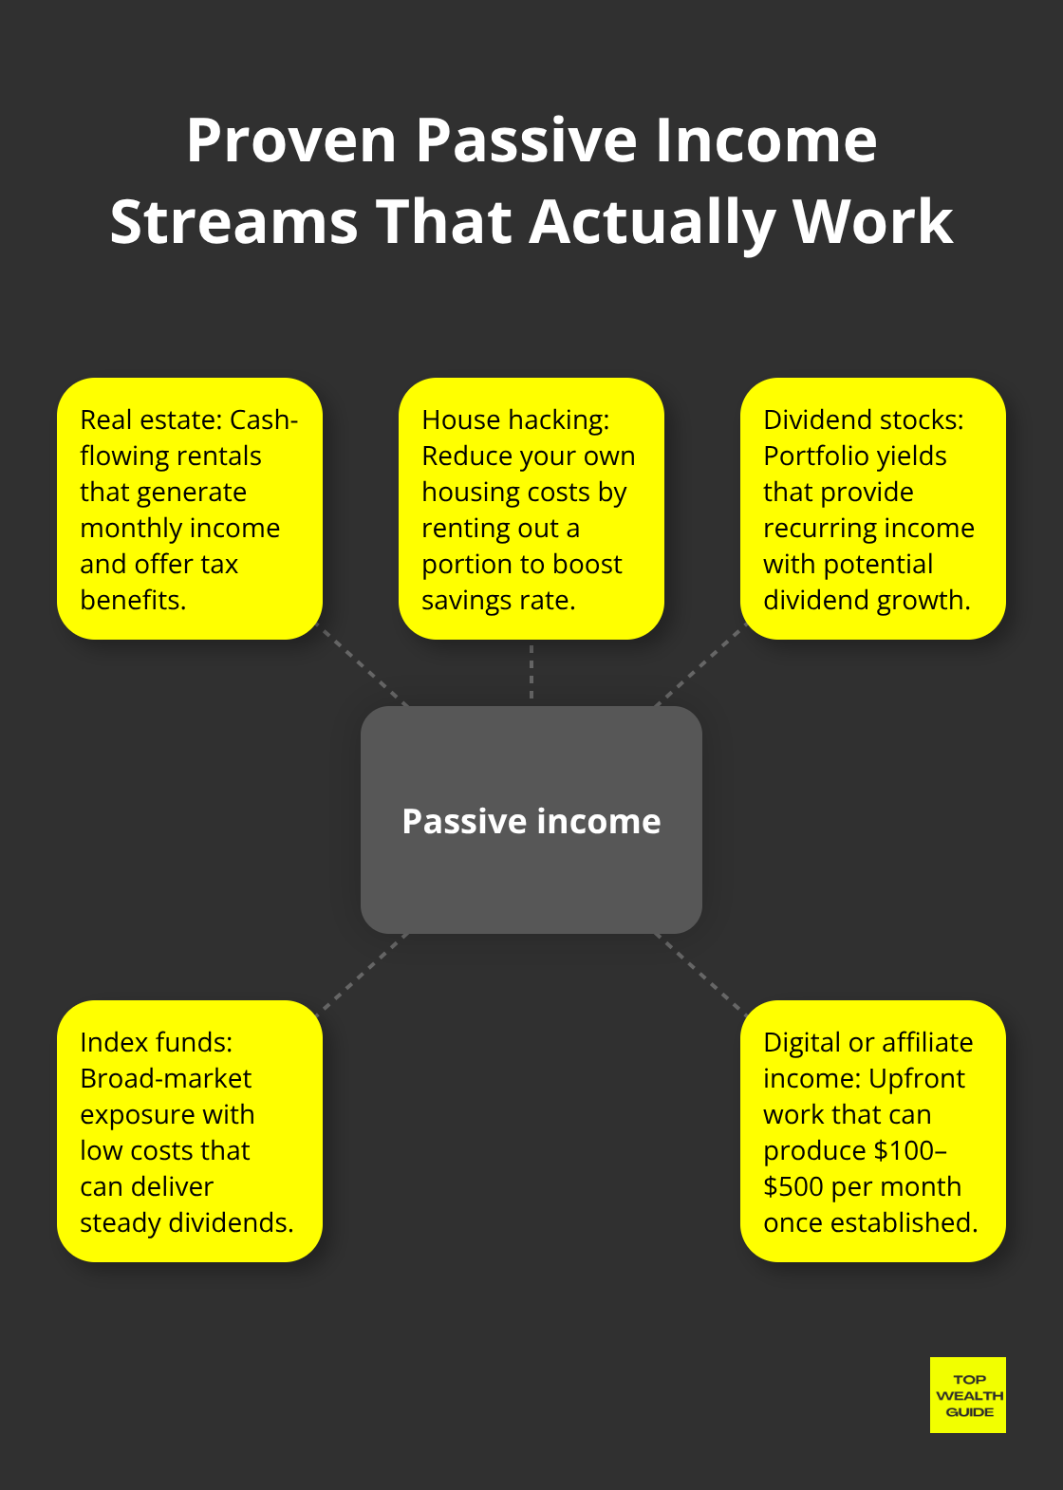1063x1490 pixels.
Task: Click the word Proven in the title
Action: [x=290, y=140]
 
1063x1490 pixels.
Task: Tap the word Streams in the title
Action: [x=233, y=222]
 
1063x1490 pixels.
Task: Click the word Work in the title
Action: [x=872, y=222]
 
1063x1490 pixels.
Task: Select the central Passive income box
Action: [x=531, y=820]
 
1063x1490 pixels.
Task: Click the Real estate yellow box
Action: [x=190, y=509]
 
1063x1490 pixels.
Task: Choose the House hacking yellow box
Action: [x=531, y=509]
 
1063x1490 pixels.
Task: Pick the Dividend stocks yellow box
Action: [x=872, y=509]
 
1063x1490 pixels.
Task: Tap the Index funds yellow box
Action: [x=190, y=1131]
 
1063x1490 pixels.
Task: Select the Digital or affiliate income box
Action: [x=872, y=1131]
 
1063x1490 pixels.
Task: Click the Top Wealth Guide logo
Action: [x=968, y=1395]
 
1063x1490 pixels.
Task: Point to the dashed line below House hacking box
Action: [x=531, y=672]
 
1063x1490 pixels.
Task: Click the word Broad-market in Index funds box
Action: [x=166, y=1079]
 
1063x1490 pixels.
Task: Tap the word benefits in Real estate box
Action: [x=133, y=601]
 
